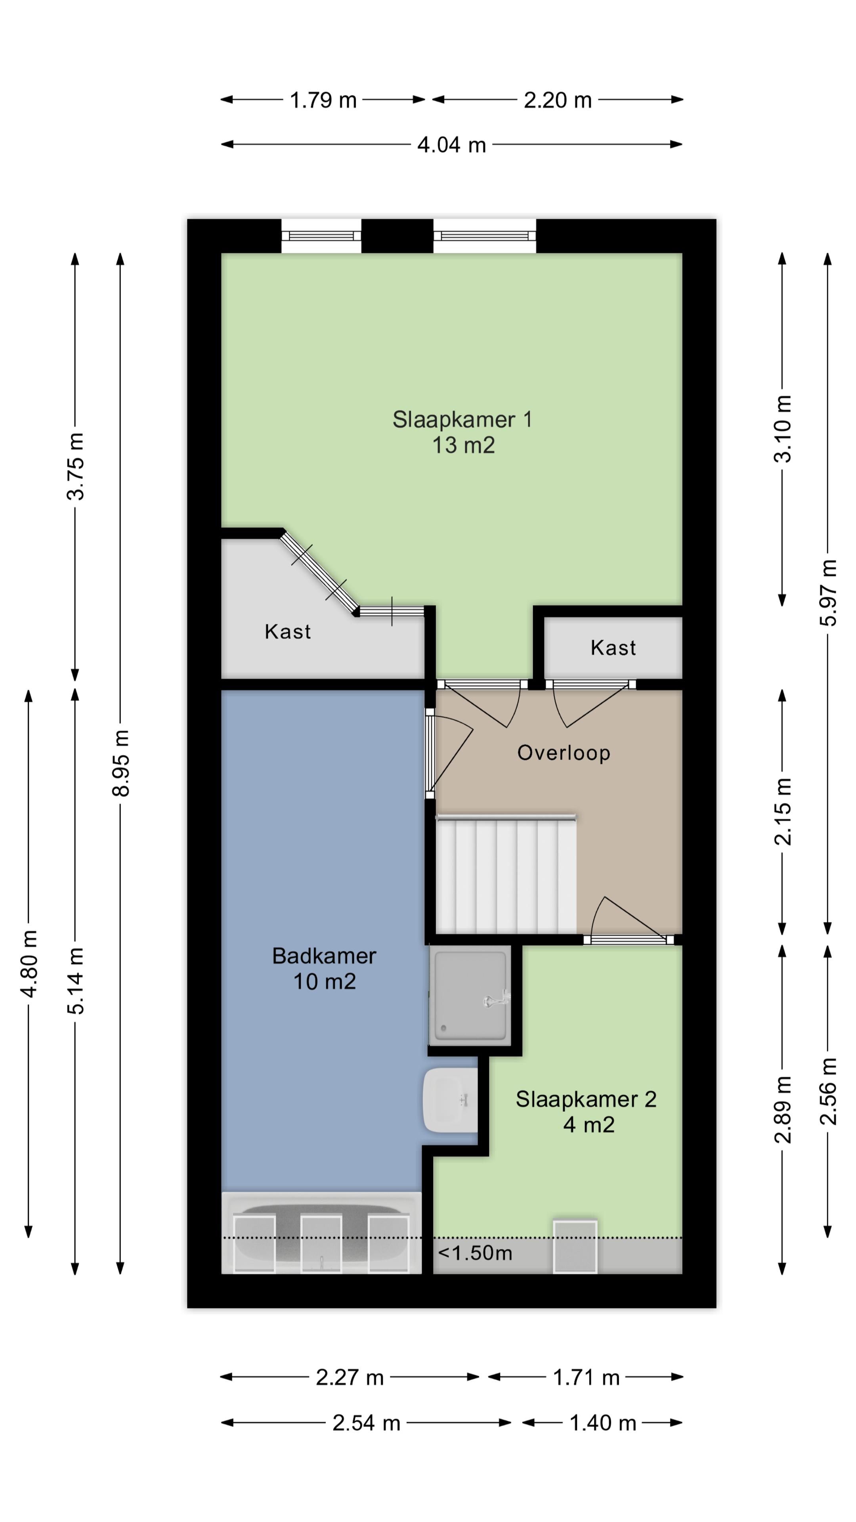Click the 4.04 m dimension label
coord(451,145)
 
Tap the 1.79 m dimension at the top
coord(323,100)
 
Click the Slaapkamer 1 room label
coord(462,419)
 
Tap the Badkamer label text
coord(324,956)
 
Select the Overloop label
coord(564,753)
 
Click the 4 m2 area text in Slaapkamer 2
coord(588,1125)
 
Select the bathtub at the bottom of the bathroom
coord(321,1233)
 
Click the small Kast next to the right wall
coord(613,648)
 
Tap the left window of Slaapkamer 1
coord(321,236)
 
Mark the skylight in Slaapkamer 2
coord(575,1247)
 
